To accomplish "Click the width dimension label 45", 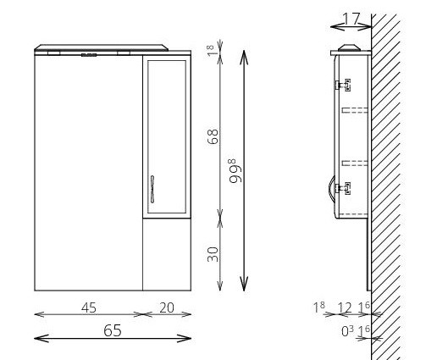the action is point(89,307).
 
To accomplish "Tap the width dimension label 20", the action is point(167,307).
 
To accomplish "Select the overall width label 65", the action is point(113,330).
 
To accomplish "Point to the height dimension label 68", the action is point(213,136).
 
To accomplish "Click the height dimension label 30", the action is point(213,254).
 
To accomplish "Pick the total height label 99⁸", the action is point(236,171).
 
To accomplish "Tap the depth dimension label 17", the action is point(351,19).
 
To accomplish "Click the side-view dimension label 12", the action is point(345,307).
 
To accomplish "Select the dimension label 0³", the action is point(347,331).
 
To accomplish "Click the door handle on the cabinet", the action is point(152,189).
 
